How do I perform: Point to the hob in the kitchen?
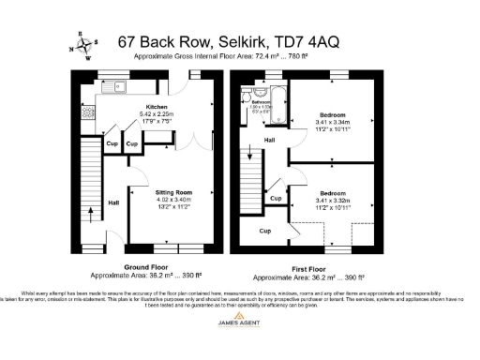pyautogui.click(x=90, y=113)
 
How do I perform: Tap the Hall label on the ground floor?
pyautogui.click(x=113, y=202)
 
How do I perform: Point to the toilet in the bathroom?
pyautogui.click(x=245, y=97)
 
